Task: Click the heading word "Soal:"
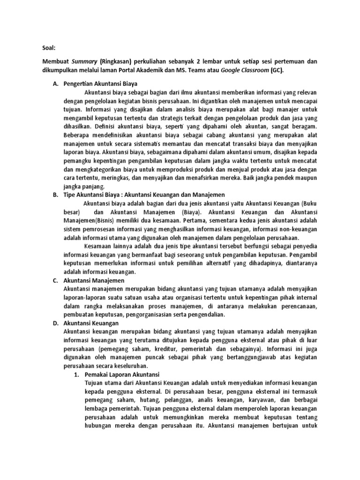[45, 47]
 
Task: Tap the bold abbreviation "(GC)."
[277, 70]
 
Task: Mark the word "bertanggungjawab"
[242, 357]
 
